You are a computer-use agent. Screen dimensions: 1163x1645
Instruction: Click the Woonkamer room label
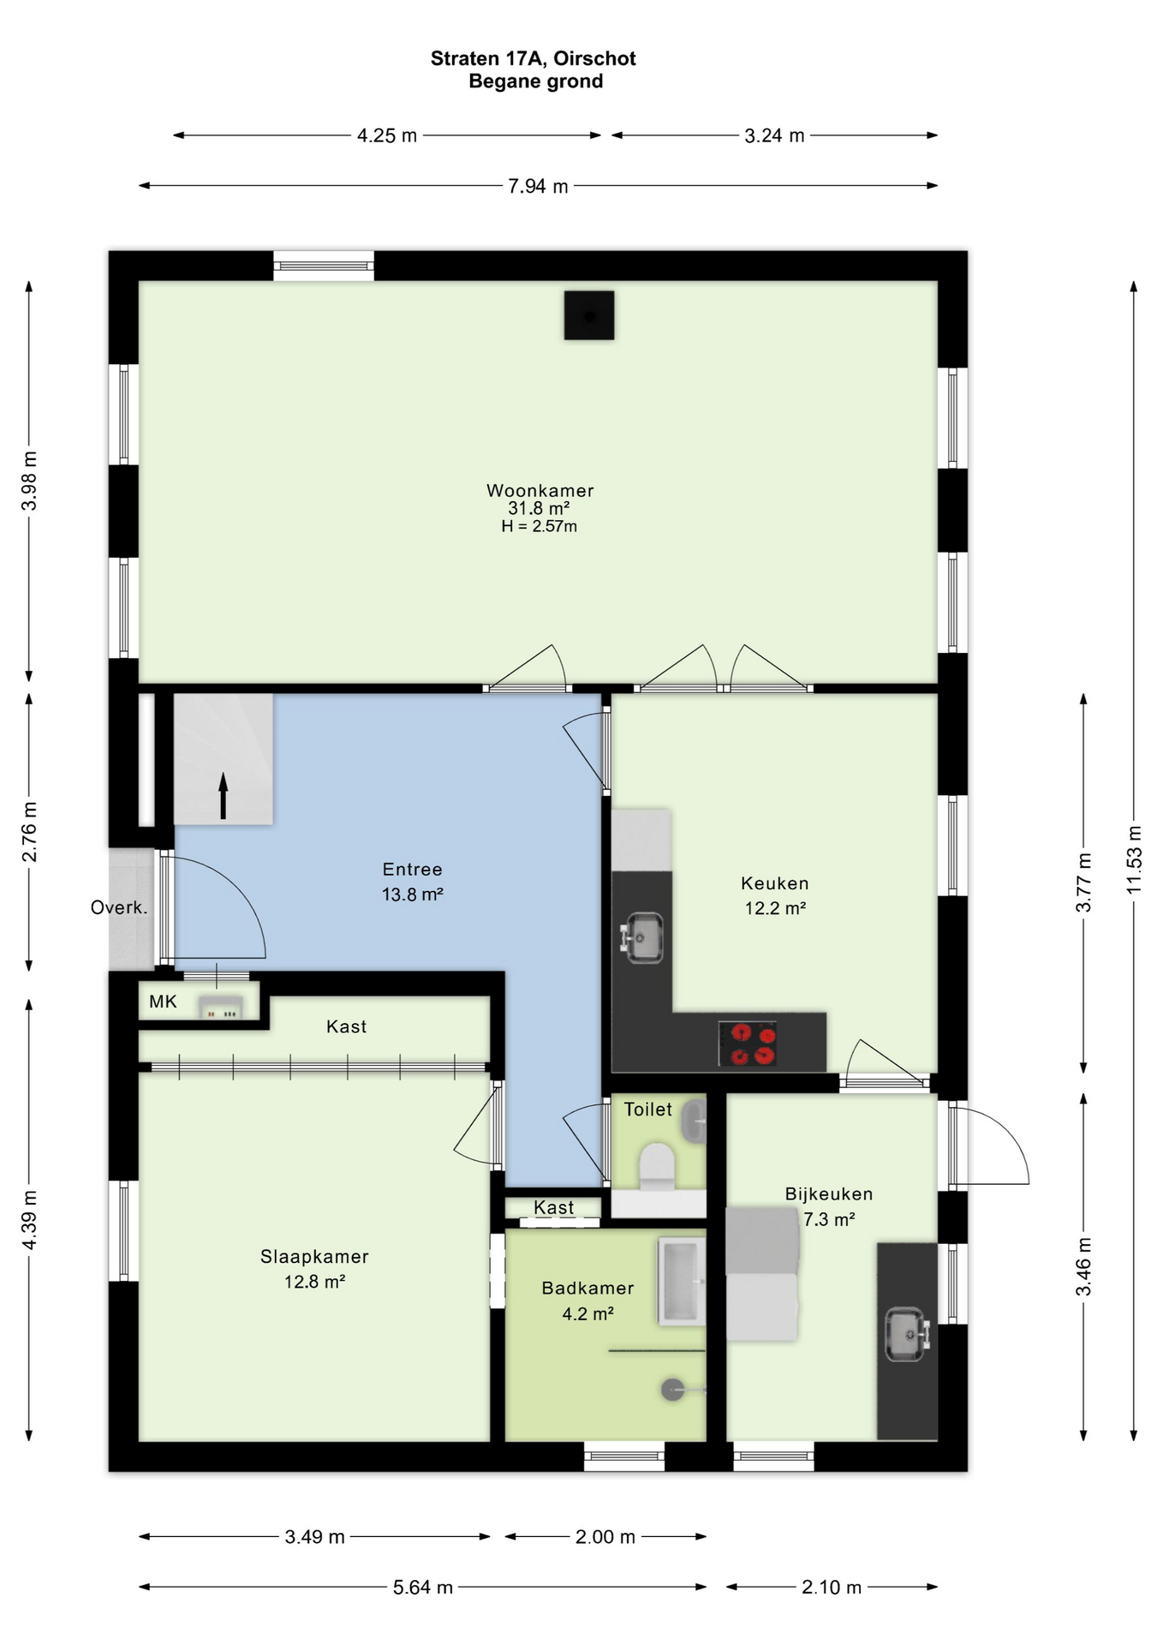[540, 491]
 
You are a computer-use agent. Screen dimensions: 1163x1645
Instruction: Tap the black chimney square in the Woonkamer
[589, 315]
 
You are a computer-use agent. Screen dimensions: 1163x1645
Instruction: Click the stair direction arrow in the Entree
[224, 795]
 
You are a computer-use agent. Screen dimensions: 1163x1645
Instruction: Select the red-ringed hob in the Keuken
[748, 1044]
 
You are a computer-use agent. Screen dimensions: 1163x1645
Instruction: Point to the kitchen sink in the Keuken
[642, 936]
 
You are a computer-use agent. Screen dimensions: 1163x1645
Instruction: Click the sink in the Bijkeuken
[906, 1334]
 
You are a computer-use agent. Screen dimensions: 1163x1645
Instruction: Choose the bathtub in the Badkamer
[682, 1281]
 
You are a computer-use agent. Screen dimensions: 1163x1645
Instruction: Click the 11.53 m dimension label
[1134, 859]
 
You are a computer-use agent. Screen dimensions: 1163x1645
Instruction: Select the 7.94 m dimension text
[538, 186]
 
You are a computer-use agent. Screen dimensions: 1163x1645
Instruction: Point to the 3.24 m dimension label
[774, 135]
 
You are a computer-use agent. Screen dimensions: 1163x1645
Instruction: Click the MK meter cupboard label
[163, 1002]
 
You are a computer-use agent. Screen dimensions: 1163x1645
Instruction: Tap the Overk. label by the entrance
[119, 908]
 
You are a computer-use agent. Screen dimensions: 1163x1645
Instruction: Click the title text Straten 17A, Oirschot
[533, 58]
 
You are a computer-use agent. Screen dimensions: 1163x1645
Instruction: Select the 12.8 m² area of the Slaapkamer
[314, 1282]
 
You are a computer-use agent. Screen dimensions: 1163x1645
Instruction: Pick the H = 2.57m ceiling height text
[539, 526]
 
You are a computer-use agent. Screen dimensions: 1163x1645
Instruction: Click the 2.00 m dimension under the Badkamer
[605, 1537]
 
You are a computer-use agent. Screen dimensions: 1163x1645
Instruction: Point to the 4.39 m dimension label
[29, 1220]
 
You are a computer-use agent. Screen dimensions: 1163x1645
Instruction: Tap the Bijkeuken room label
[829, 1193]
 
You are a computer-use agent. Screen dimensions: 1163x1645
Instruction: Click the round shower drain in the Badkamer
[673, 1390]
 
